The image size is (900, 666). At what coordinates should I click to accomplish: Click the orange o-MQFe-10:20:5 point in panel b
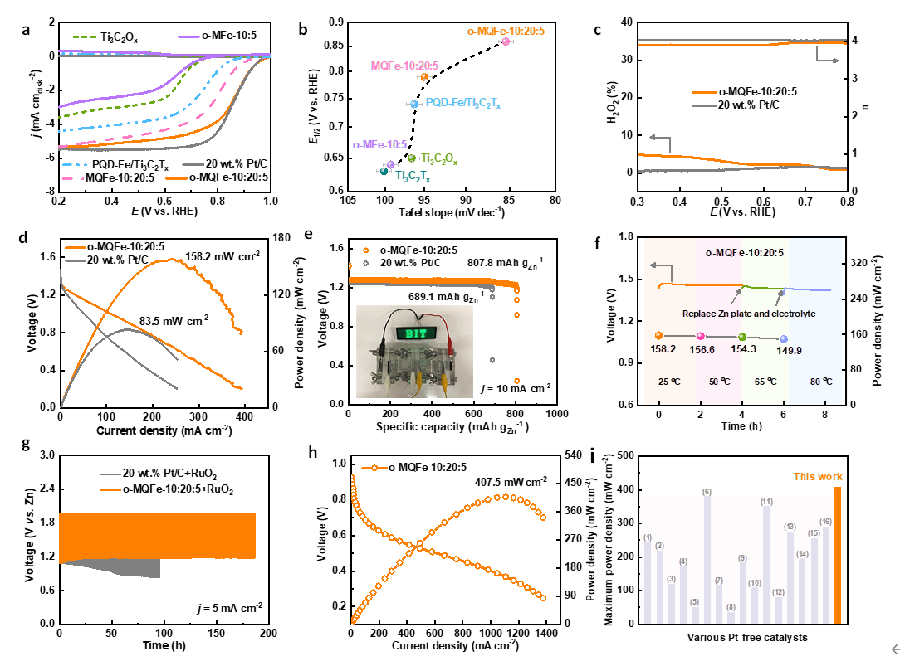pos(506,41)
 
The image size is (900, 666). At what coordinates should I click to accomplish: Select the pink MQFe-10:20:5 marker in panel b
pos(424,77)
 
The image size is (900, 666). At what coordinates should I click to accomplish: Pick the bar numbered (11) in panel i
pos(766,564)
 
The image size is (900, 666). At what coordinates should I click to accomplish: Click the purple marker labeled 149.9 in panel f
pos(783,338)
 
